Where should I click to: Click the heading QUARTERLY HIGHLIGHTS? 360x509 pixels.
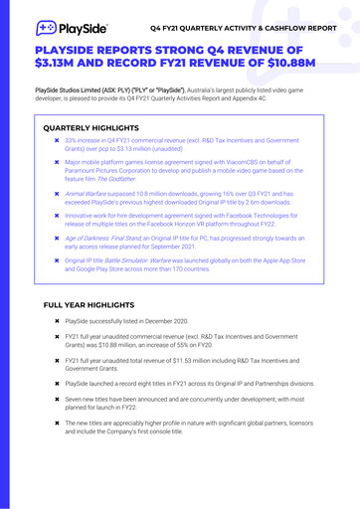pyautogui.click(x=94, y=128)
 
